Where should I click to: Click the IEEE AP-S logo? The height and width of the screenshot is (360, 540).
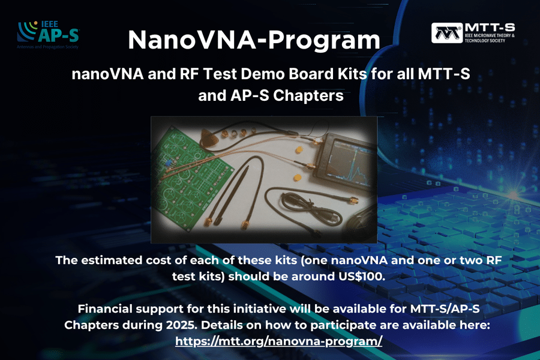point(48,35)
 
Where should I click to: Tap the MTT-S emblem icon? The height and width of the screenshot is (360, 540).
point(446,33)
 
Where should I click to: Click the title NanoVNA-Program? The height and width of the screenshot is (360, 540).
point(254,40)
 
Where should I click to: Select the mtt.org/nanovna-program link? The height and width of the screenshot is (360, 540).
point(278,341)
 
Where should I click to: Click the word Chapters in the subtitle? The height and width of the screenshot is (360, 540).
point(307,96)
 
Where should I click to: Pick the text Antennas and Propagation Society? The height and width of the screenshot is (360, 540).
point(47,47)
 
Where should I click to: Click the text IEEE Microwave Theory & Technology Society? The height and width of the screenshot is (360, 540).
point(490,38)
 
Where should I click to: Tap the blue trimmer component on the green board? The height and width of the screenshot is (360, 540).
point(169,163)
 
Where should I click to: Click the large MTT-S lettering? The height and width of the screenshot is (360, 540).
point(490,27)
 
